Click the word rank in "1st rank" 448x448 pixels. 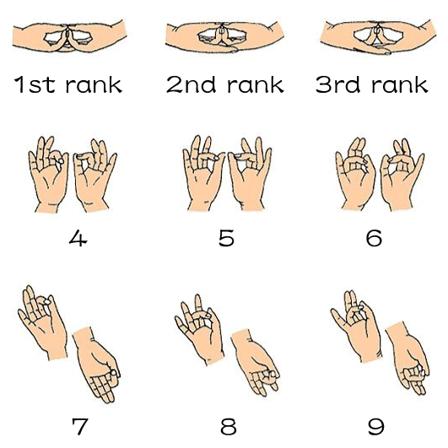(x=94, y=84)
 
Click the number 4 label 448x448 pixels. (x=78, y=238)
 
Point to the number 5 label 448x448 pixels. (x=226, y=238)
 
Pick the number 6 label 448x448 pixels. (x=374, y=238)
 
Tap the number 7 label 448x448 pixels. (x=79, y=426)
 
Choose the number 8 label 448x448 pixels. (x=229, y=426)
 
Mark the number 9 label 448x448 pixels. (x=375, y=426)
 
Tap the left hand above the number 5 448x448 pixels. (x=203, y=175)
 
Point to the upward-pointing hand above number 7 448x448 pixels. (x=43, y=323)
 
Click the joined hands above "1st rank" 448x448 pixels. (x=69, y=37)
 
